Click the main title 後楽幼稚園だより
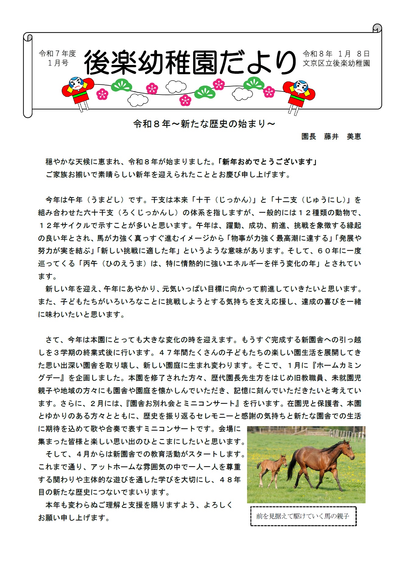pyautogui.click(x=189, y=62)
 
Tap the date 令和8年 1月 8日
pyautogui.click(x=336, y=54)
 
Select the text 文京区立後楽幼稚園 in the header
pyautogui.click(x=336, y=63)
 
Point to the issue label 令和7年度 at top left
pyautogui.click(x=57, y=54)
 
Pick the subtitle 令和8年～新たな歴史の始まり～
pyautogui.click(x=204, y=124)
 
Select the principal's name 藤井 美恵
pyautogui.click(x=342, y=137)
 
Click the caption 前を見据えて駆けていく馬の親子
pyautogui.click(x=303, y=516)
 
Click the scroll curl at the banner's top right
pyautogui.click(x=377, y=28)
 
